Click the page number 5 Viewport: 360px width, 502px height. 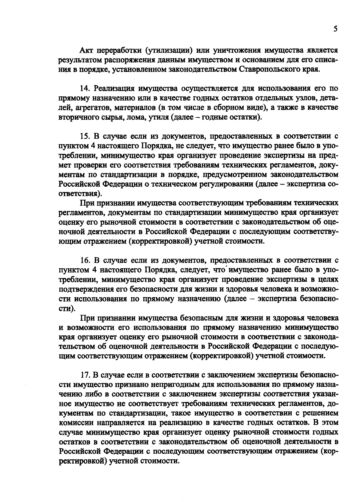click(335, 29)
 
